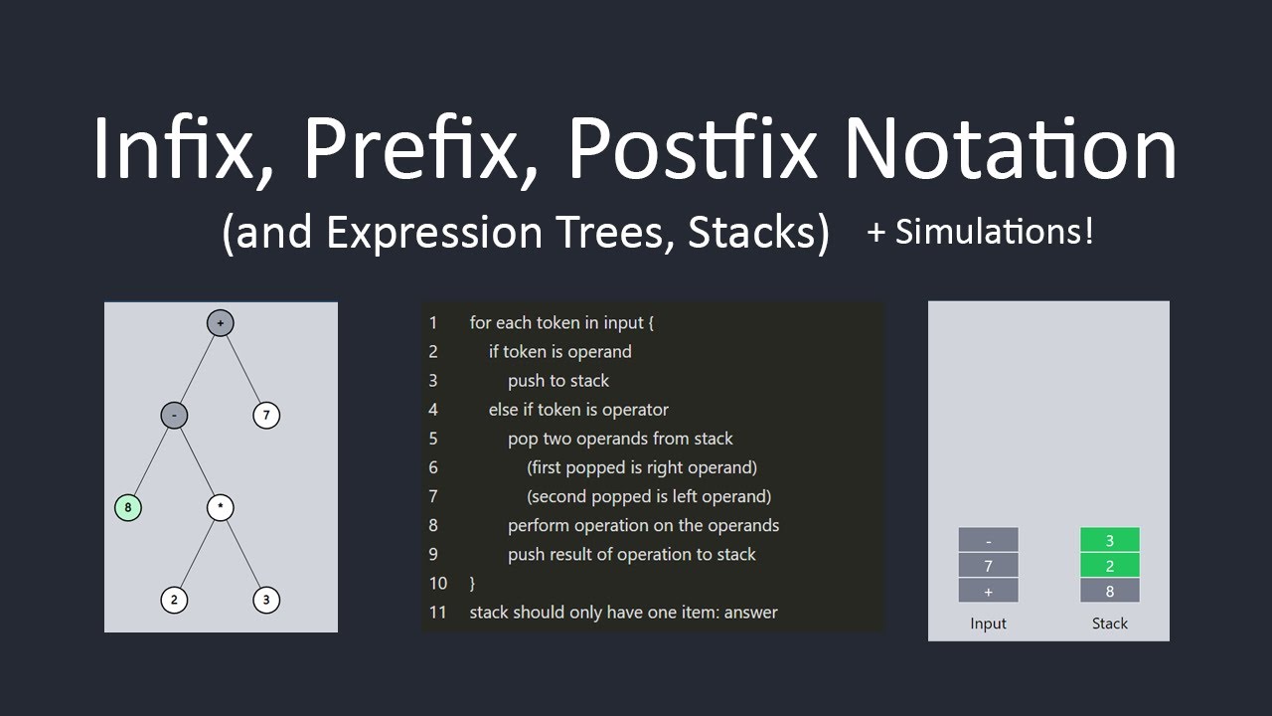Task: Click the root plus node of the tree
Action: coord(221,323)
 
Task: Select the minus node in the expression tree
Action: coord(174,416)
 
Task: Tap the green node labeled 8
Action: coord(128,507)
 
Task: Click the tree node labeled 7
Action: coord(266,416)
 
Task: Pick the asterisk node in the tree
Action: coord(221,507)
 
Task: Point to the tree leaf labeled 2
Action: coord(174,600)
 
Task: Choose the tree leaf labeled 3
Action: coord(266,600)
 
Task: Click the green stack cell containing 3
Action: coord(1110,540)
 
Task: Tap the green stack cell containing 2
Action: coord(1110,566)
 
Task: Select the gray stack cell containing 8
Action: coord(1110,591)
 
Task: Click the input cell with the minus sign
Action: coord(988,540)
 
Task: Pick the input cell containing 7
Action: coord(988,566)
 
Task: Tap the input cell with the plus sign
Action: coord(988,591)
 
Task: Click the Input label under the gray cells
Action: coord(988,624)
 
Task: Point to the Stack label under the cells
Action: coord(1110,624)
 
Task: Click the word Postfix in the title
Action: coord(693,148)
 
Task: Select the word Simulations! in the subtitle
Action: coord(995,232)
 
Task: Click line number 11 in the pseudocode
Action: coord(438,612)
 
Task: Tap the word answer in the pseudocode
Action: coord(750,613)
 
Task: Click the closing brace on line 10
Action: coord(472,584)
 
